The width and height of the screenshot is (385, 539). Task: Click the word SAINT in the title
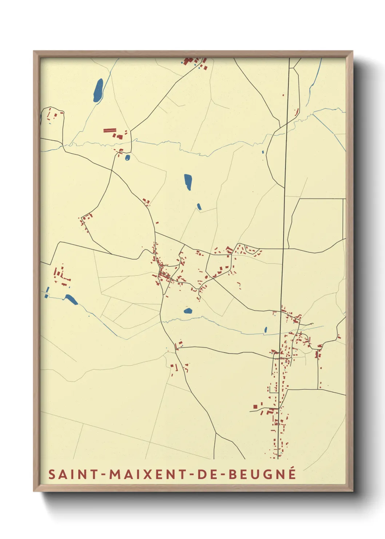(x=73, y=474)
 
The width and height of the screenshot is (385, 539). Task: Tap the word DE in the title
(x=208, y=474)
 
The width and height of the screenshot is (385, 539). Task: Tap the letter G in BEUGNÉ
(x=267, y=474)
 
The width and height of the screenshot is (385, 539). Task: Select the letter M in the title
(x=116, y=474)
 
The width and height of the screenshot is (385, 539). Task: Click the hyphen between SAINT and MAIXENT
(x=103, y=475)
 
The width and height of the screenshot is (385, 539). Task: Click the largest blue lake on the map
(x=98, y=90)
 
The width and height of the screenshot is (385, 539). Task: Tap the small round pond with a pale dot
(x=127, y=158)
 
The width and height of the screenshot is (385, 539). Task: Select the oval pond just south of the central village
(x=188, y=311)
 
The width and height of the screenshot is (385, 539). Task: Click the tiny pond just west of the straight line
(x=265, y=330)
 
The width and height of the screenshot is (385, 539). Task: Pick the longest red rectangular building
(x=110, y=130)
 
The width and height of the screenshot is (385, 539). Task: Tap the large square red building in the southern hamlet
(x=255, y=406)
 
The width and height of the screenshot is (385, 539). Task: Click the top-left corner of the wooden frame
(x=34, y=51)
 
